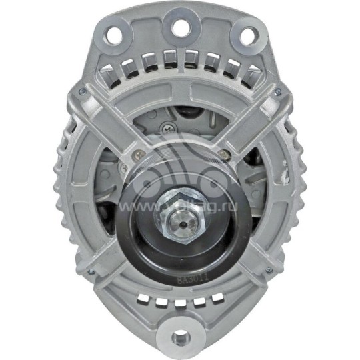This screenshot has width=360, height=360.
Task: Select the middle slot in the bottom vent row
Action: [180, 301]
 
